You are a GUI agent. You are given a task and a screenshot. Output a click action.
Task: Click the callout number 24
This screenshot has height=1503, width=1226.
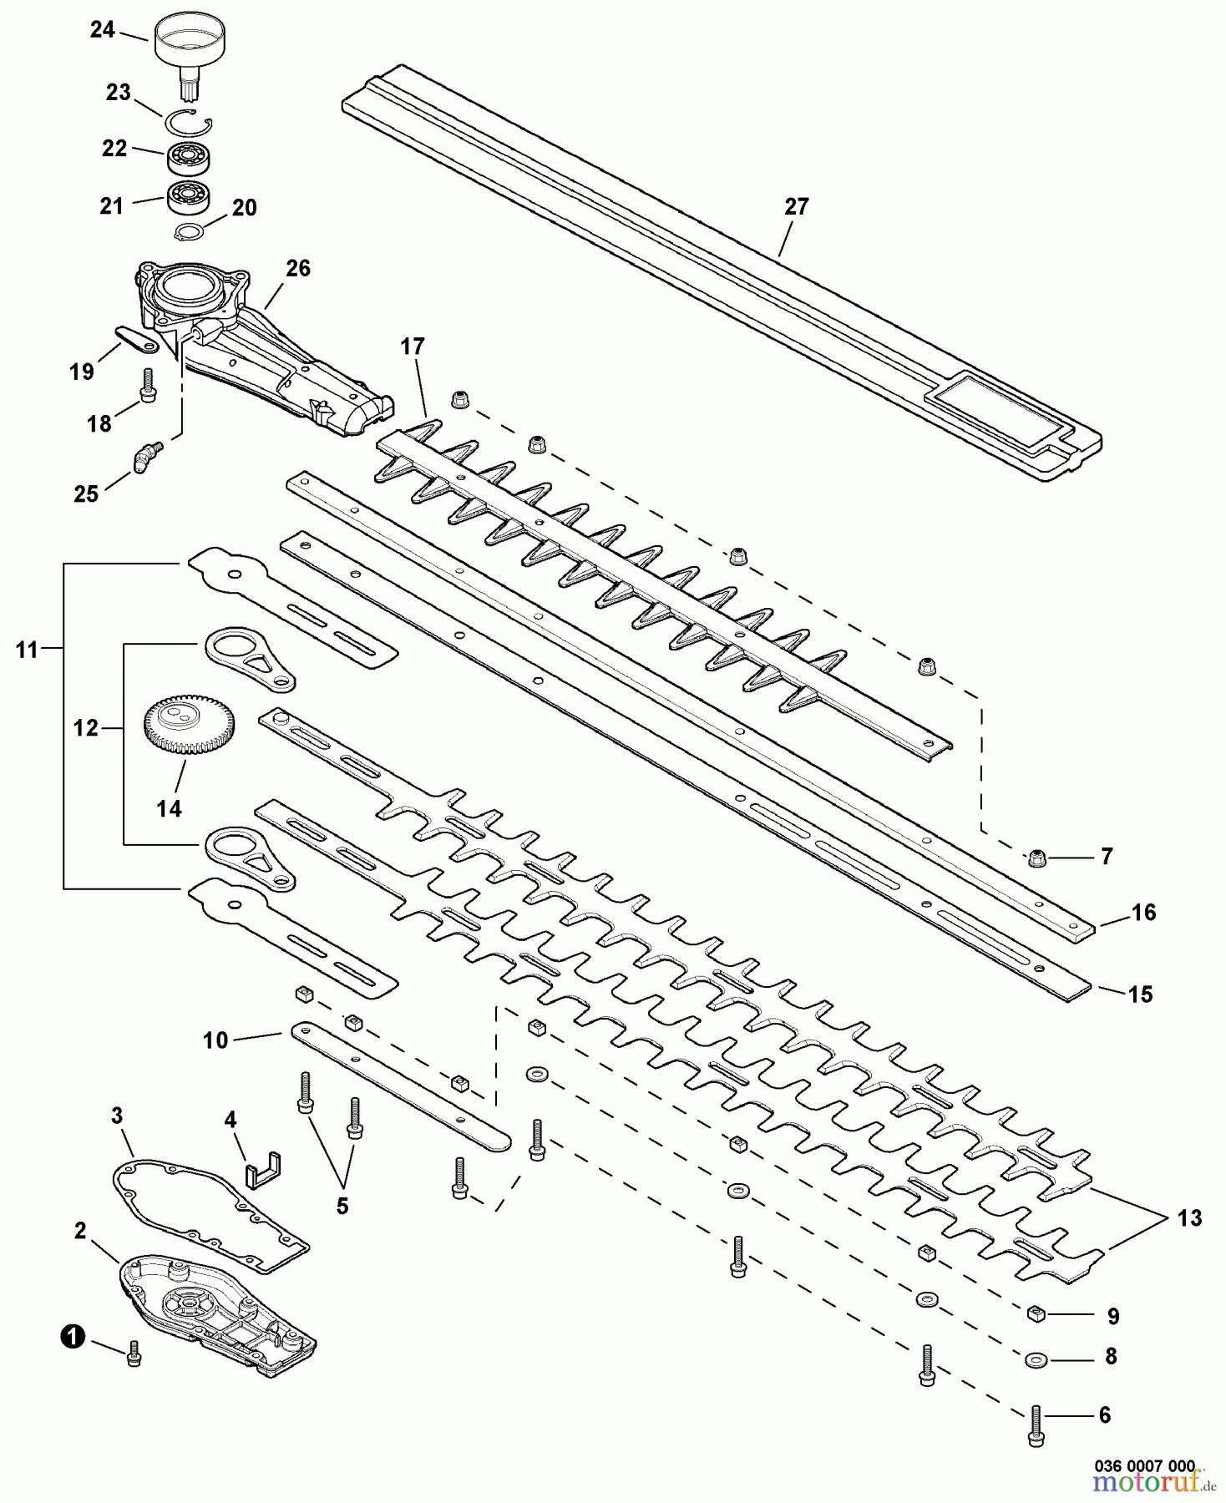coord(102,30)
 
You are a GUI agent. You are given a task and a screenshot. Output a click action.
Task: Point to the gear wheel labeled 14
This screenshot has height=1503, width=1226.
coord(189,726)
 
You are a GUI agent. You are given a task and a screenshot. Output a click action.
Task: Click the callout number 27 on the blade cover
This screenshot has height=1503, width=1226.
coord(797,206)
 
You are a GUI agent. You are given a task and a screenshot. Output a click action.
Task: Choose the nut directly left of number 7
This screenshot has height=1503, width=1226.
coord(1035,857)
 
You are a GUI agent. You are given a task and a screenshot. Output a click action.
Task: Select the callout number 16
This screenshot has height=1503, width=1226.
coord(1143,913)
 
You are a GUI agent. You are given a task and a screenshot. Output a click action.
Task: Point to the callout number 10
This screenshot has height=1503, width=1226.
coord(215,1040)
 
